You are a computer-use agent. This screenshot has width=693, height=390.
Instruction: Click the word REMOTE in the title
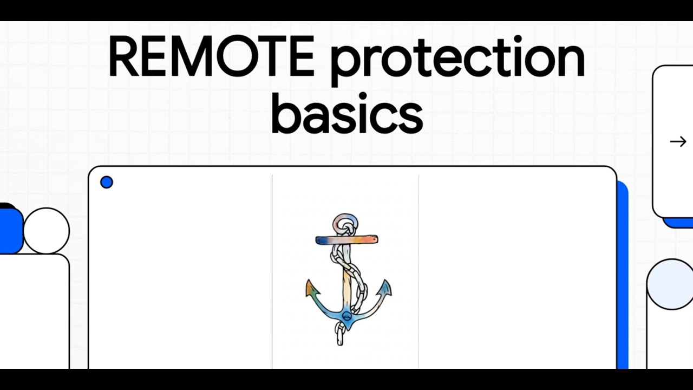(x=211, y=57)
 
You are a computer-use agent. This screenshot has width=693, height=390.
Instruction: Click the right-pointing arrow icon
(x=678, y=142)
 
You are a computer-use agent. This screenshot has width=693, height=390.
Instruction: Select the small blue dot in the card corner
(x=107, y=183)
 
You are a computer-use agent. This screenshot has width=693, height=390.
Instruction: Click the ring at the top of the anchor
(x=345, y=222)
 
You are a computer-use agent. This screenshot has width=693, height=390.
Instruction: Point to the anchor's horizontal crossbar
(x=346, y=239)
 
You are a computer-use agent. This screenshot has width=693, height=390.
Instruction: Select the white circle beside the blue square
(x=47, y=231)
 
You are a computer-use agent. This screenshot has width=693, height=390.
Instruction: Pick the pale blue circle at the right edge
(x=670, y=284)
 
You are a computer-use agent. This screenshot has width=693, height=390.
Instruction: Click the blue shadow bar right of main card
(x=623, y=271)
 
